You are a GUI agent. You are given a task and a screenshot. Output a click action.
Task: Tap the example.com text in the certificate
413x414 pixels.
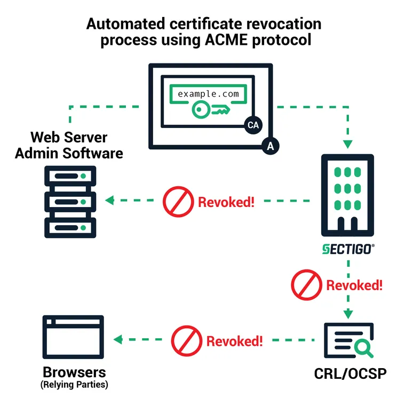point(209,93)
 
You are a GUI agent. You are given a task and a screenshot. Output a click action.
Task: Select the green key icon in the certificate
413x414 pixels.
point(208,110)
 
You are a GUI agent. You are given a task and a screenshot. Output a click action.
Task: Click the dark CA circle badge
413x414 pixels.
point(252,125)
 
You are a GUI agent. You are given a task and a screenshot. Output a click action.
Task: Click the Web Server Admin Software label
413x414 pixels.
point(69,146)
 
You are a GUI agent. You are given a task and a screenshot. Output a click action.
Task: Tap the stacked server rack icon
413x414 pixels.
point(69,201)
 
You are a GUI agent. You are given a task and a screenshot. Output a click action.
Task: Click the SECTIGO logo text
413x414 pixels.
point(347,249)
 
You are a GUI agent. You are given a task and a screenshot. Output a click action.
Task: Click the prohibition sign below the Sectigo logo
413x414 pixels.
point(303,285)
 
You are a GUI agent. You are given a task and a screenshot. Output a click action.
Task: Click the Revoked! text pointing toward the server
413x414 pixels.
point(226,202)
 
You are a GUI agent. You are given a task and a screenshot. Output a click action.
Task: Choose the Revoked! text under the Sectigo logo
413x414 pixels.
point(354,285)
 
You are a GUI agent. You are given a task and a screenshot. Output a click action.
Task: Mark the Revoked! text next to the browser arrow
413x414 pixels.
point(235,341)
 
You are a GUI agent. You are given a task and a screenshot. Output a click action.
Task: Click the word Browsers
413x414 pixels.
point(74,372)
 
